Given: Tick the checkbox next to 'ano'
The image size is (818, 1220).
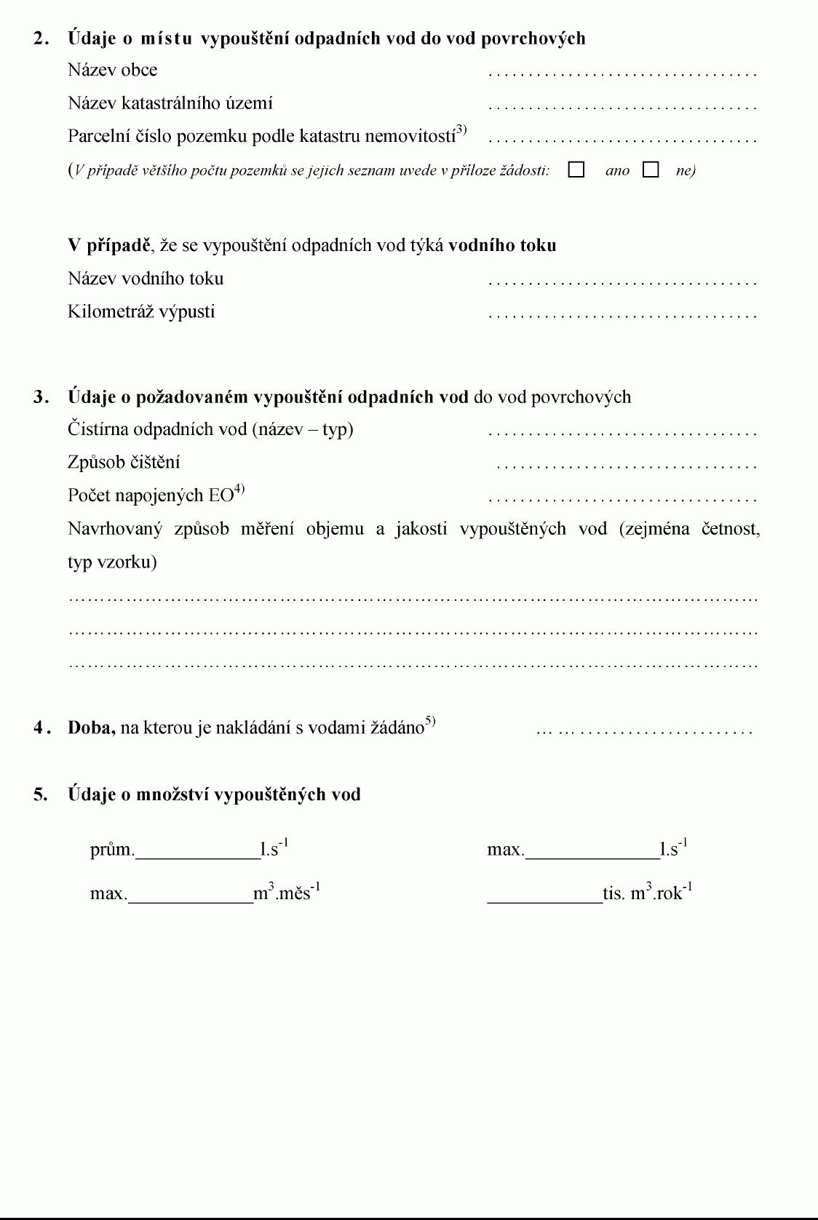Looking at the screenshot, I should coord(576,170).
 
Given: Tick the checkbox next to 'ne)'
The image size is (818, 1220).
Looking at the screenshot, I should coord(651,170).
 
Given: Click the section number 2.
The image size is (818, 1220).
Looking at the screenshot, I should coord(41,39).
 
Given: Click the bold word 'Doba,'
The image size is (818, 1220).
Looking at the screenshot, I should coord(92,727).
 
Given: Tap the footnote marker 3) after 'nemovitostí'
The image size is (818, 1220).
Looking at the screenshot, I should coord(461,131).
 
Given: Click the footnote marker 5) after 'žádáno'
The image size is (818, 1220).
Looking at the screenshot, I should coord(430,722).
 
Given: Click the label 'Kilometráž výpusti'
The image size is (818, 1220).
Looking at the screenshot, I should coord(141,312).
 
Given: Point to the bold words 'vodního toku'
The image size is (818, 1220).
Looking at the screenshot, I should coord(502,245).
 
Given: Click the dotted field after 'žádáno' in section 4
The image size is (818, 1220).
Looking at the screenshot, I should coord(644,730).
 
